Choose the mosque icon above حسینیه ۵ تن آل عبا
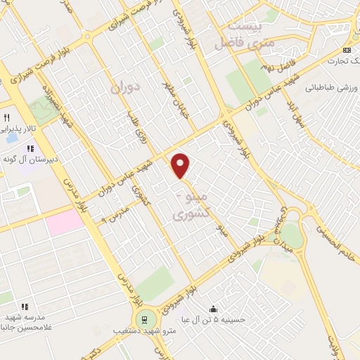(x=214, y=308)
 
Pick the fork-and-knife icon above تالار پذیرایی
(x=8, y=117)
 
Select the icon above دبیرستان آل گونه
(x=30, y=148)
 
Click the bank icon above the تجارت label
(x=347, y=50)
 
